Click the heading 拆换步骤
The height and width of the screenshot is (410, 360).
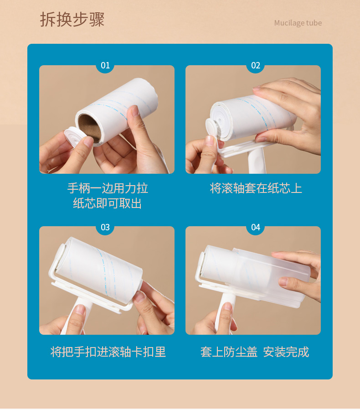click(x=72, y=20)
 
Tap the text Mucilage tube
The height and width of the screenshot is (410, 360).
click(x=298, y=23)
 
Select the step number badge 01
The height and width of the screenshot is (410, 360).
click(x=105, y=65)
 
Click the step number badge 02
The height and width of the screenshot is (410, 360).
click(x=256, y=65)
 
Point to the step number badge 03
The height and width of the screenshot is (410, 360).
click(x=105, y=227)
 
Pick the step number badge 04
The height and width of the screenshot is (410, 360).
click(x=256, y=227)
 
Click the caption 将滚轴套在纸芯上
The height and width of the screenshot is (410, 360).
click(x=256, y=188)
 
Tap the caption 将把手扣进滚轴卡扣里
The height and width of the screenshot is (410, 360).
click(x=108, y=352)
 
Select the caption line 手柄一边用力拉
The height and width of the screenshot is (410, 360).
click(x=108, y=188)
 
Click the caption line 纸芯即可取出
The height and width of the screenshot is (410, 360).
click(x=108, y=203)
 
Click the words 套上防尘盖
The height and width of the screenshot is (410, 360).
click(x=229, y=352)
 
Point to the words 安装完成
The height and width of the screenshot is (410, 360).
click(x=286, y=352)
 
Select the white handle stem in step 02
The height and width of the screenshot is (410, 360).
click(x=257, y=160)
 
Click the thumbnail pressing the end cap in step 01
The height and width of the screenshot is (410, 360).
click(x=88, y=141)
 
